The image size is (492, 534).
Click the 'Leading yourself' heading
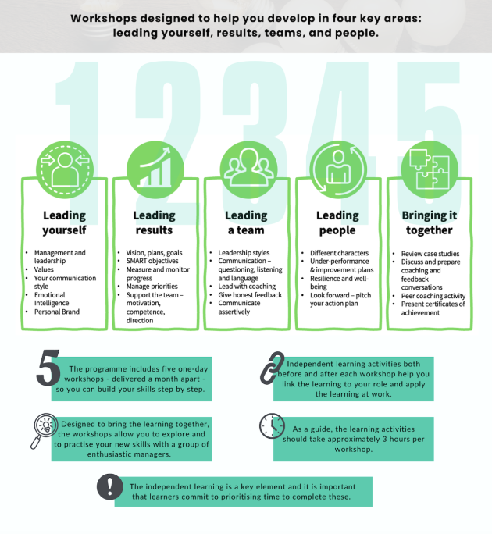click(64, 222)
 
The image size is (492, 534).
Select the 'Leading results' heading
click(154, 222)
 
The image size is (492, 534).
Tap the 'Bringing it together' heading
click(430, 222)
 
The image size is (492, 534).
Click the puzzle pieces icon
click(430, 169)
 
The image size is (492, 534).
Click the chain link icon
click(273, 368)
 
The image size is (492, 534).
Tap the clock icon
click(272, 425)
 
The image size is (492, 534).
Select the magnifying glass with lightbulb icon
click(44, 430)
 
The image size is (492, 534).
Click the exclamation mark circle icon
click(109, 486)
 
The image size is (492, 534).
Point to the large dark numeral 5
click(48, 368)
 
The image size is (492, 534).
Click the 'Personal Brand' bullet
click(57, 311)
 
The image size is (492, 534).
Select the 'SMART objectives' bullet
click(152, 261)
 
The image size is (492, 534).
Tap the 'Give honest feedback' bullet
click(250, 295)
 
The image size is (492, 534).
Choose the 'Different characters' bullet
click(340, 253)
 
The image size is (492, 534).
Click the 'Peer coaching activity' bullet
click(433, 296)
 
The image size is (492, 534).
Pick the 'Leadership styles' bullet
click(244, 253)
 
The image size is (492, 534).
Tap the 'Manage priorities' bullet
click(152, 287)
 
